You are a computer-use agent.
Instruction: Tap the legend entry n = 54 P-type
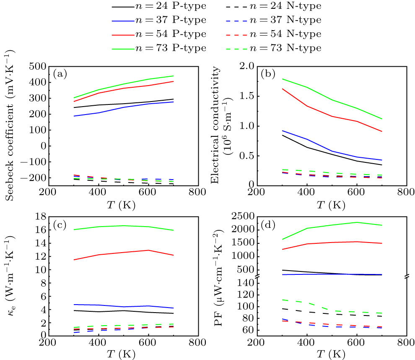click(x=159, y=34)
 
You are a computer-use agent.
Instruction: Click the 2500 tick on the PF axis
click(x=242, y=217)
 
